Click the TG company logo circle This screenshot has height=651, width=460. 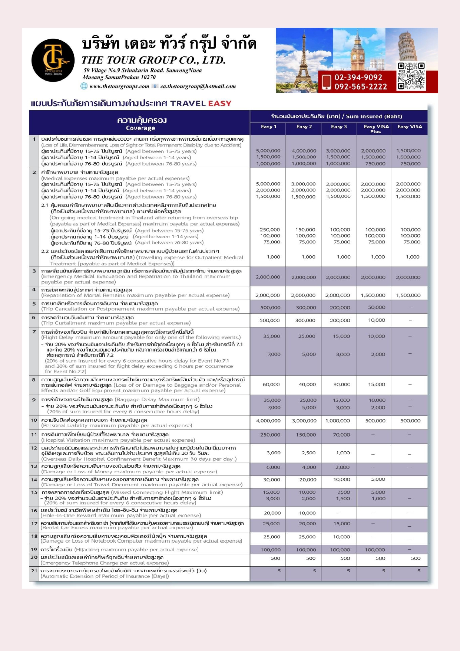[x=53, y=60]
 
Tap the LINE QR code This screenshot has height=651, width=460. [x=411, y=76]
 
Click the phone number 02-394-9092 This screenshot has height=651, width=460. [x=358, y=78]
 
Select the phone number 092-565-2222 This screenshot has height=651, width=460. [x=360, y=87]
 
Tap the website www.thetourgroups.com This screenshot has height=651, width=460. [x=119, y=86]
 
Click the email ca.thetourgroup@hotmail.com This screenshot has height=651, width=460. [x=198, y=86]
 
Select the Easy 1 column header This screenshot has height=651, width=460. [x=268, y=127]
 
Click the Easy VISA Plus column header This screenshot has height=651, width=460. [x=376, y=129]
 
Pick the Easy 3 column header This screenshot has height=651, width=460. [x=339, y=127]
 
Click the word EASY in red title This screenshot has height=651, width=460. [x=219, y=104]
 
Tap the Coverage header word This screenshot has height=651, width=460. [x=140, y=128]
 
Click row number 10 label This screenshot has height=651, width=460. [x=34, y=420]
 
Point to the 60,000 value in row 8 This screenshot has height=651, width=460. [x=271, y=385]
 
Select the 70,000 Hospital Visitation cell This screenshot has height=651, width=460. [x=341, y=435]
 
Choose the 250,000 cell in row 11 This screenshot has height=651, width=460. [x=270, y=435]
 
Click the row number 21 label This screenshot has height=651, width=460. [x=34, y=570]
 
